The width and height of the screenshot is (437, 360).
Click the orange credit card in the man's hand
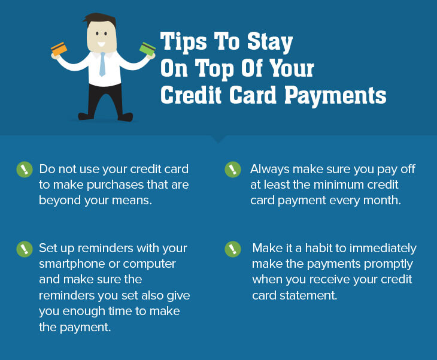[x=59, y=49]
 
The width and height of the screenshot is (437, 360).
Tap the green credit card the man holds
[x=147, y=49]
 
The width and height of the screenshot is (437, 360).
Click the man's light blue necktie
[x=102, y=64]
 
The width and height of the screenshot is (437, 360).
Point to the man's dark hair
[x=99, y=20]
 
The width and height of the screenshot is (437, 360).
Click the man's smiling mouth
[x=101, y=44]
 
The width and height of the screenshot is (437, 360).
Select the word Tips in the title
[x=183, y=41]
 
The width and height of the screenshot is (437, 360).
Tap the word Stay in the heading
[x=270, y=42]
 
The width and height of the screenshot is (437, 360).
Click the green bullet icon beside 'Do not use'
[x=25, y=170]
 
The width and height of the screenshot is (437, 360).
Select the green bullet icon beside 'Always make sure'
[x=233, y=170]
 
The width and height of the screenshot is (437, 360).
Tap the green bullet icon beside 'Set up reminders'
[x=25, y=249]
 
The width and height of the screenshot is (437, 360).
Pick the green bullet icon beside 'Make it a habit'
[x=233, y=249]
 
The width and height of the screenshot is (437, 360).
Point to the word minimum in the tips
[x=339, y=184]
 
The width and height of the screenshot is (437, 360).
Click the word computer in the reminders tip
[x=149, y=264]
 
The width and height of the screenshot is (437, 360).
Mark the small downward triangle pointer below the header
[x=218, y=139]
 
